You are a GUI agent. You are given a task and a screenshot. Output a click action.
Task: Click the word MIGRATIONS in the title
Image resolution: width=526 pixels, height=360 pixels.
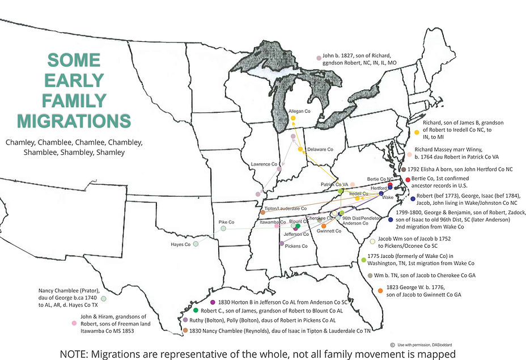click(74, 120)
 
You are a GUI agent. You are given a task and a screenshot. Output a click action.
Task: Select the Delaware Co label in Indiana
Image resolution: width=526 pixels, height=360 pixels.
click(320, 150)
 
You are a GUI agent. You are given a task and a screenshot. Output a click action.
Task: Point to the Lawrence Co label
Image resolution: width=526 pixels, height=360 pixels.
click(264, 164)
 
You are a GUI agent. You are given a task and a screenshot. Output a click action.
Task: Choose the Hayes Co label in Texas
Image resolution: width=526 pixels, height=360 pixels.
click(180, 244)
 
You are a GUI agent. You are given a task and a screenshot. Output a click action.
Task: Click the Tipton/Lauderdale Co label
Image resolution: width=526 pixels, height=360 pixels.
click(286, 209)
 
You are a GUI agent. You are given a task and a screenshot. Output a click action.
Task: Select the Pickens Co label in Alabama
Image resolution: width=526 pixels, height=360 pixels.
click(296, 246)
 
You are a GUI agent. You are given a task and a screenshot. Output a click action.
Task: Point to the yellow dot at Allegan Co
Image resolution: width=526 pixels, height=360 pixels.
click(293, 118)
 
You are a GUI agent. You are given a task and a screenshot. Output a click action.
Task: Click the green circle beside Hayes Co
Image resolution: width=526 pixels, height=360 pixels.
click(196, 244)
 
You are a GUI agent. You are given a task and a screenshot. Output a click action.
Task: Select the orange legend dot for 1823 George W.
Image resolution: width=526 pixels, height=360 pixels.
click(380, 291)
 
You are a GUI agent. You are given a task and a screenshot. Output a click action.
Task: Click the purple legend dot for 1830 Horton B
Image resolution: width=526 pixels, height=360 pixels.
click(213, 302)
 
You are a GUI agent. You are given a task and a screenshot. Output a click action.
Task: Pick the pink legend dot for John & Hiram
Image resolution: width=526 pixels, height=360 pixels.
click(74, 323)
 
